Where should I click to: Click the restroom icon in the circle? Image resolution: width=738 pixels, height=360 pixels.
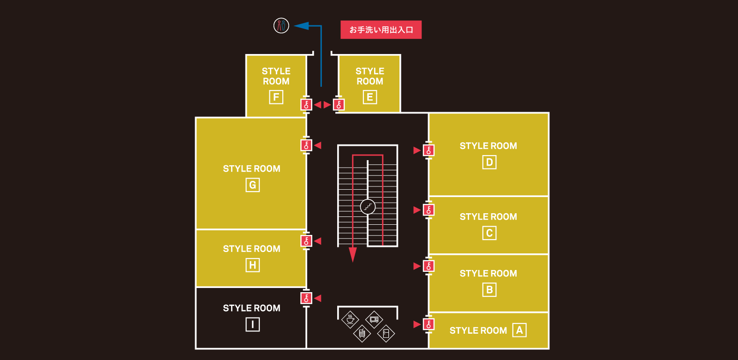281,25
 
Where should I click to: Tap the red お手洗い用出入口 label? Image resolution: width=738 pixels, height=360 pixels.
381,30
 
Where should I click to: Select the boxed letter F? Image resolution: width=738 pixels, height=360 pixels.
276,97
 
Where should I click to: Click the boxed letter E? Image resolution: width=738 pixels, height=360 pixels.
369,97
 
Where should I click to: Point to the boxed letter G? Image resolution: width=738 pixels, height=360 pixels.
252,185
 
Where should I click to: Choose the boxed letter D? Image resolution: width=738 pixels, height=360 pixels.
489,162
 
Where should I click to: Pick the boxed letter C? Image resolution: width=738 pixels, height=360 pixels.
489,233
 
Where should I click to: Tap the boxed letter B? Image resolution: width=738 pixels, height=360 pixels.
489,290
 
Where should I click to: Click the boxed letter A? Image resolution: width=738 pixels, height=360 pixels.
519,330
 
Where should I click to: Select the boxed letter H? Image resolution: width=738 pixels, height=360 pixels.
252,265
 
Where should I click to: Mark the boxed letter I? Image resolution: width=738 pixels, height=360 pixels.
252,324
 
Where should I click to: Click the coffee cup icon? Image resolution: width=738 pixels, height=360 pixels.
351,319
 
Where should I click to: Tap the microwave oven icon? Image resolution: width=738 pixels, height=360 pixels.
374,319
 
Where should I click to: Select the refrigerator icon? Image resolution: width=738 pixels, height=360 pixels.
386,333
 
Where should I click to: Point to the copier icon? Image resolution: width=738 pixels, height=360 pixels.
362,333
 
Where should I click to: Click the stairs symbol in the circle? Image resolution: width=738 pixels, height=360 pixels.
368,207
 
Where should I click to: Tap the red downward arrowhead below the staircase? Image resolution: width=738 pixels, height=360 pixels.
353,254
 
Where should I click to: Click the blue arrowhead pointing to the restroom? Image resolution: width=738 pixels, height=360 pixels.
301,26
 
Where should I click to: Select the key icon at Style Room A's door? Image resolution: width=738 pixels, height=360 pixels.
429,324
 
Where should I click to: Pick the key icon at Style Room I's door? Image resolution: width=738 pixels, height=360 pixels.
306,298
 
